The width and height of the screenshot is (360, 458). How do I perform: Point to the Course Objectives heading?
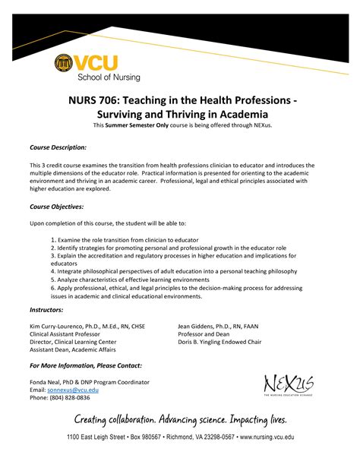tap(56, 206)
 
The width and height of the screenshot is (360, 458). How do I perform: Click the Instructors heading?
tap(46, 310)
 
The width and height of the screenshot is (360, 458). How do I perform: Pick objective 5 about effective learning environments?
tap(125, 278)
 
